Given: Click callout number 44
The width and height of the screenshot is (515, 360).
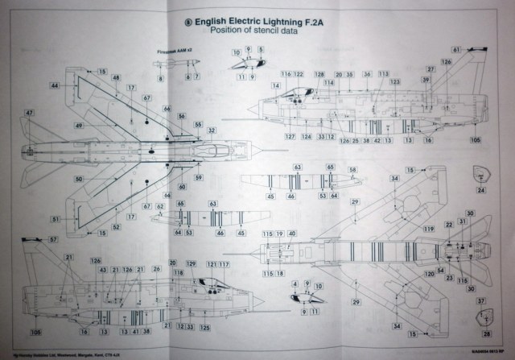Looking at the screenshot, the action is (x=53, y=85).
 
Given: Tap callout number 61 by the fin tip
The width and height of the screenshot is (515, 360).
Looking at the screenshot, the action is (x=455, y=50).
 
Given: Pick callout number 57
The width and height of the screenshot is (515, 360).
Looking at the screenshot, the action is (x=52, y=240).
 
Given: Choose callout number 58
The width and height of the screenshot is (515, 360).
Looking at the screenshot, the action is (x=352, y=169).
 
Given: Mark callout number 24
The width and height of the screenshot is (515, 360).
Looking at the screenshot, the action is (x=481, y=191).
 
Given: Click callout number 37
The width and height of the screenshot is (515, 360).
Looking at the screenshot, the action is (x=480, y=301).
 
